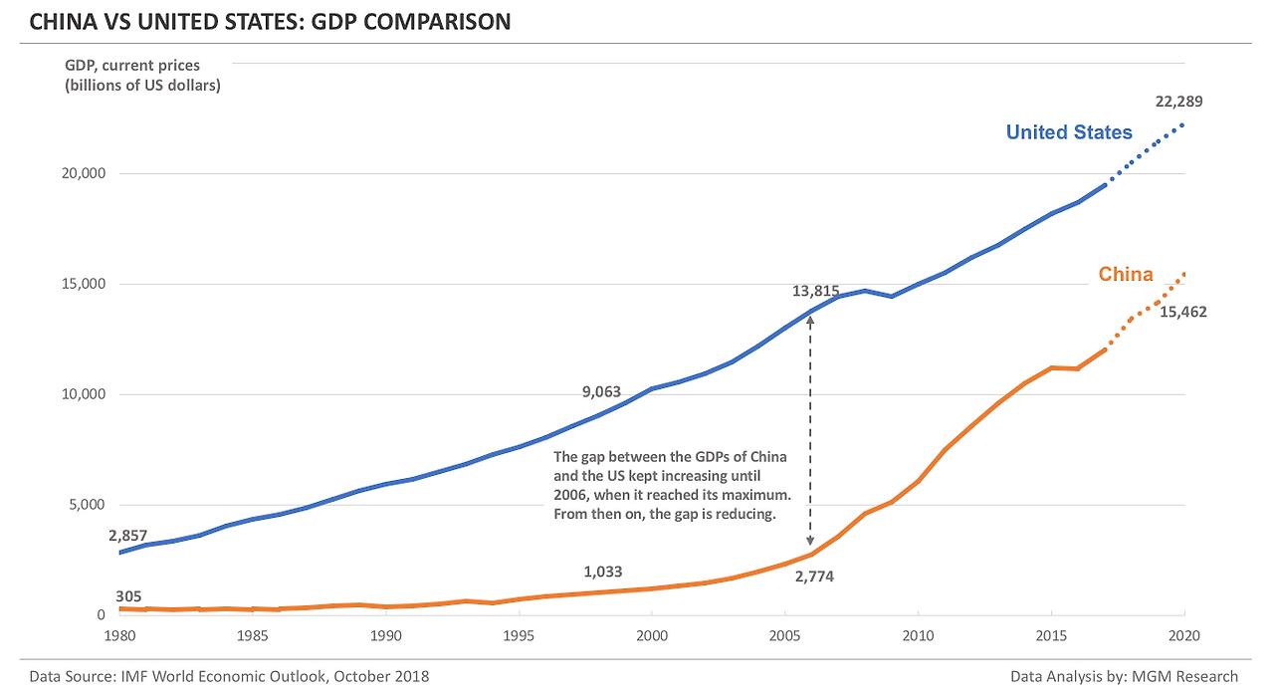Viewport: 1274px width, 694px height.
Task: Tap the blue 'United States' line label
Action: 1068,132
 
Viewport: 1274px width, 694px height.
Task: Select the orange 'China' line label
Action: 1126,275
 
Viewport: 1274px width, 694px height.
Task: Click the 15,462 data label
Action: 1182,312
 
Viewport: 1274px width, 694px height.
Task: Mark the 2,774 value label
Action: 813,577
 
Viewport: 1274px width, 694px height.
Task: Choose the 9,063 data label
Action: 601,392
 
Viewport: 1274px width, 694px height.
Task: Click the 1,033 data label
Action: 602,572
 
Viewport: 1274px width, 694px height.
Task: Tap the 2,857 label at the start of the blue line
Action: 129,534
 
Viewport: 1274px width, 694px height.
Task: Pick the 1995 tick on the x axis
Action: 519,635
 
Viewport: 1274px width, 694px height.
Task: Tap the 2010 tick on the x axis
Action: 919,635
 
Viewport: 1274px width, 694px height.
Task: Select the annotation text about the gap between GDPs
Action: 671,485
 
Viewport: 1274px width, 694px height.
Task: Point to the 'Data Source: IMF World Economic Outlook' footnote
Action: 230,676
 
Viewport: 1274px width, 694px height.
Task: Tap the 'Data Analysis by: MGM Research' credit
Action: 1124,676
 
